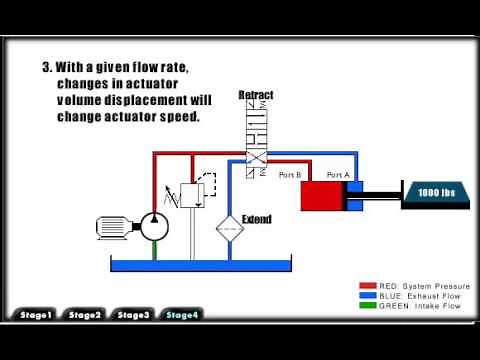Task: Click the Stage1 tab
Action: coord(36,315)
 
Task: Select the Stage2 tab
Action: coord(85,315)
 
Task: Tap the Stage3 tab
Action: coord(133,315)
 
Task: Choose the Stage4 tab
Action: coord(182,315)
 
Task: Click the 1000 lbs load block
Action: coord(436,192)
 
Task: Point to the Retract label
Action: coord(256,95)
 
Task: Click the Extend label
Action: coord(257,218)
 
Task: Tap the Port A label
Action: coord(338,175)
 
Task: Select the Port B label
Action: coord(290,175)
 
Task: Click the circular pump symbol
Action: coord(153,225)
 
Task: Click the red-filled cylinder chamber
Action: coord(323,195)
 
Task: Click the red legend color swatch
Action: coord(370,285)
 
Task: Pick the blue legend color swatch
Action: coord(370,296)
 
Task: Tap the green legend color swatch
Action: coord(370,306)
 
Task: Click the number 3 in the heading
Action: coord(46,68)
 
